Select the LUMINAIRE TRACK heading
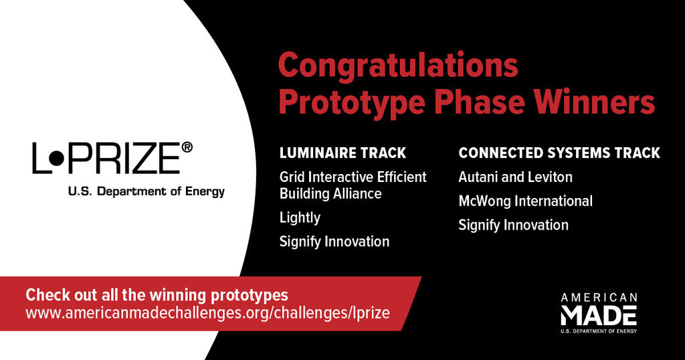(x=343, y=153)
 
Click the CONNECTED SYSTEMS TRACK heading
(x=559, y=153)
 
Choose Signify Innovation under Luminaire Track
(x=334, y=242)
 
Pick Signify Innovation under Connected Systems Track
(x=513, y=226)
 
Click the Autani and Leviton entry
(x=516, y=177)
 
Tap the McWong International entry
(x=526, y=201)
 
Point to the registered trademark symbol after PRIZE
(x=187, y=148)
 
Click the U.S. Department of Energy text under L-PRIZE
(x=146, y=191)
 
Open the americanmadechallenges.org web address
(x=207, y=312)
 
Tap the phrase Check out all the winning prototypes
(x=157, y=295)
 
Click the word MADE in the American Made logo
(x=599, y=315)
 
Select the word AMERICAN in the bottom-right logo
(x=599, y=298)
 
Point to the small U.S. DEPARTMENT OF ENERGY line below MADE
(x=599, y=331)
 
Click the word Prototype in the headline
(x=352, y=103)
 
